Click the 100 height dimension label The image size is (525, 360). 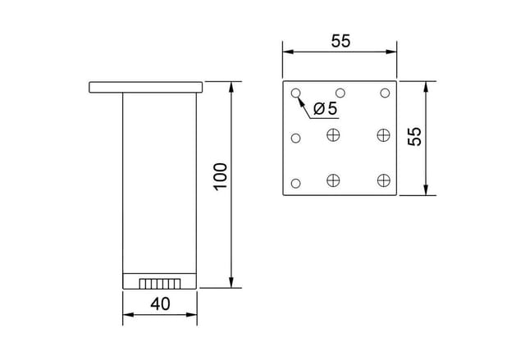221,177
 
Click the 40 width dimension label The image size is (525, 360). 160,303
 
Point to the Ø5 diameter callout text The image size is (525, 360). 326,108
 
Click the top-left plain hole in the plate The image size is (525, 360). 295,93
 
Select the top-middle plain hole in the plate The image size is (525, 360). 340,93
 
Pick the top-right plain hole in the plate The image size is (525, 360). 385,93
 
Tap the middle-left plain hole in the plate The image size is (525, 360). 295,138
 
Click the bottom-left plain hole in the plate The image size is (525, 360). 295,184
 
